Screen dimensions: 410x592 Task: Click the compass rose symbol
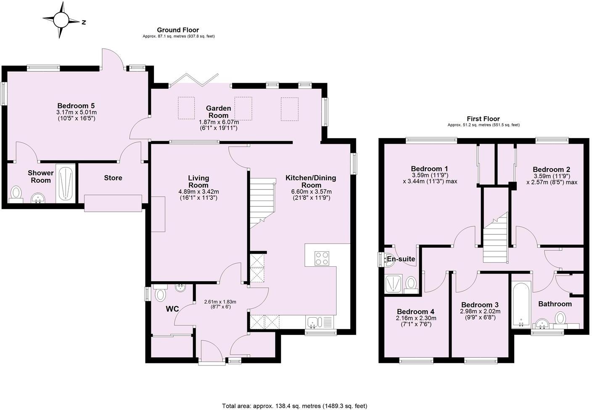coord(61,20)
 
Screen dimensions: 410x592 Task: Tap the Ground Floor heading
coord(178,30)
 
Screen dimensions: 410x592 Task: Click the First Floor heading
coord(483,119)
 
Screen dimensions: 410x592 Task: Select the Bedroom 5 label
coord(76,106)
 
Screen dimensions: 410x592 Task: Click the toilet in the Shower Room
coord(16,193)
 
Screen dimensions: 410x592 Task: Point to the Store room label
coord(113,178)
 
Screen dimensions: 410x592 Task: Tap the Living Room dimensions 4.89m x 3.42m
coord(198,192)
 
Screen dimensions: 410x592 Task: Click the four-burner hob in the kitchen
coord(322,258)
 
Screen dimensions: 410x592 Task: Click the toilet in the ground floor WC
coord(160,294)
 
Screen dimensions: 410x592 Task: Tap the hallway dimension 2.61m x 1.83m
coord(220,302)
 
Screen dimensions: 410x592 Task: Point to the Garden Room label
coord(218,112)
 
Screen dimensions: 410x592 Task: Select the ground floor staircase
coord(262,201)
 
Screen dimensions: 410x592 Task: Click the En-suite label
coord(401,259)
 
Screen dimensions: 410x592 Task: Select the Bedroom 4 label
coord(415,312)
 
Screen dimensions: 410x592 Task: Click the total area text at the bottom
coord(294,406)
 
